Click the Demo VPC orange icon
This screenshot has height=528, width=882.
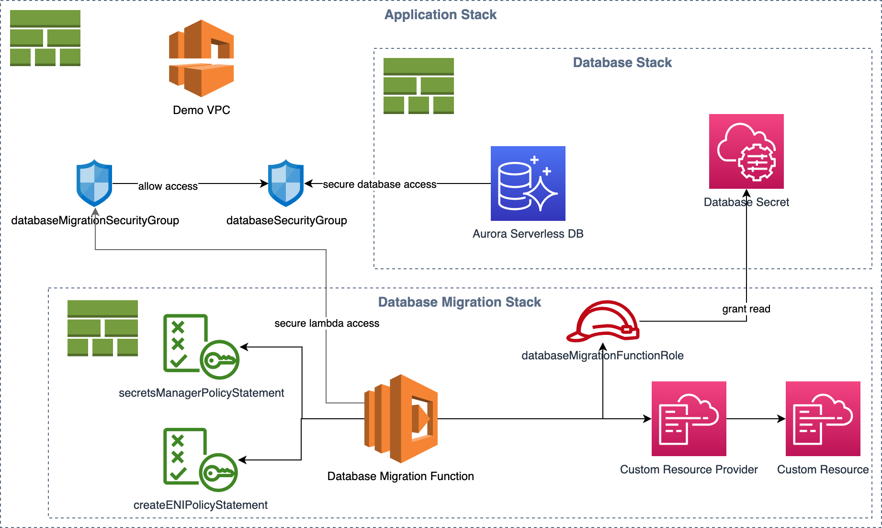(202, 58)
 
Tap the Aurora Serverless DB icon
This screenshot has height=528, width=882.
(528, 184)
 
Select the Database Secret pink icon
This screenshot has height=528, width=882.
(746, 151)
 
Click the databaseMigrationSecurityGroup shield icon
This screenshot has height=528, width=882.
(94, 183)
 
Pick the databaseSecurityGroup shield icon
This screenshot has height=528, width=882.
(286, 183)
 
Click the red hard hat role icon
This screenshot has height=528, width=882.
(603, 321)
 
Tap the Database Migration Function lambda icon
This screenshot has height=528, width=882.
(401, 419)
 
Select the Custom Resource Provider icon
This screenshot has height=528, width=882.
(689, 419)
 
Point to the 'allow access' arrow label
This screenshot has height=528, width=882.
(168, 186)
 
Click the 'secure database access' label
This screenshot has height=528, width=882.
(380, 184)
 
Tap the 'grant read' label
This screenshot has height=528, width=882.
(746, 309)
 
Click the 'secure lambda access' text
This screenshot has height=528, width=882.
(327, 323)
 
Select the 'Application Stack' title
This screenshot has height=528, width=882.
(441, 15)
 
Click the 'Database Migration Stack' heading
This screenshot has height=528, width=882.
(460, 302)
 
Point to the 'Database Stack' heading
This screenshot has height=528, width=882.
(622, 62)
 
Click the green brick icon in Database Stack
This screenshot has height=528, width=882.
(418, 86)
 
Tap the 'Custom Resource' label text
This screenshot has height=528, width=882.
(823, 470)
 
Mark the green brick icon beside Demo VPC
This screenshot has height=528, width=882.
(45, 38)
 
